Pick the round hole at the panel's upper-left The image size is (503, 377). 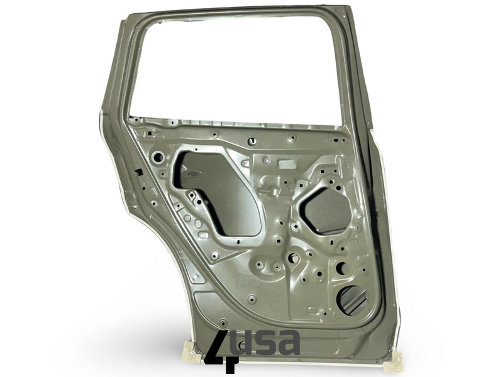[x=158, y=157]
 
